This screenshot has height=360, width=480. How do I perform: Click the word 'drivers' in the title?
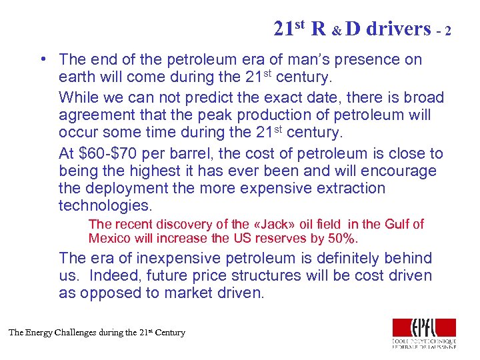tap(399, 29)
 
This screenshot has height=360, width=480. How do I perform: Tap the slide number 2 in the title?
tap(449, 31)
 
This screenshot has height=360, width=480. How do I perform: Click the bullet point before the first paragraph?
tap(43, 59)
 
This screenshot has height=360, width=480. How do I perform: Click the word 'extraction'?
tap(347, 189)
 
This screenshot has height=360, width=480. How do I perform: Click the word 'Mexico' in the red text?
tap(110, 238)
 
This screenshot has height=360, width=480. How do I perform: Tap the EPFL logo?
tap(424, 333)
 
